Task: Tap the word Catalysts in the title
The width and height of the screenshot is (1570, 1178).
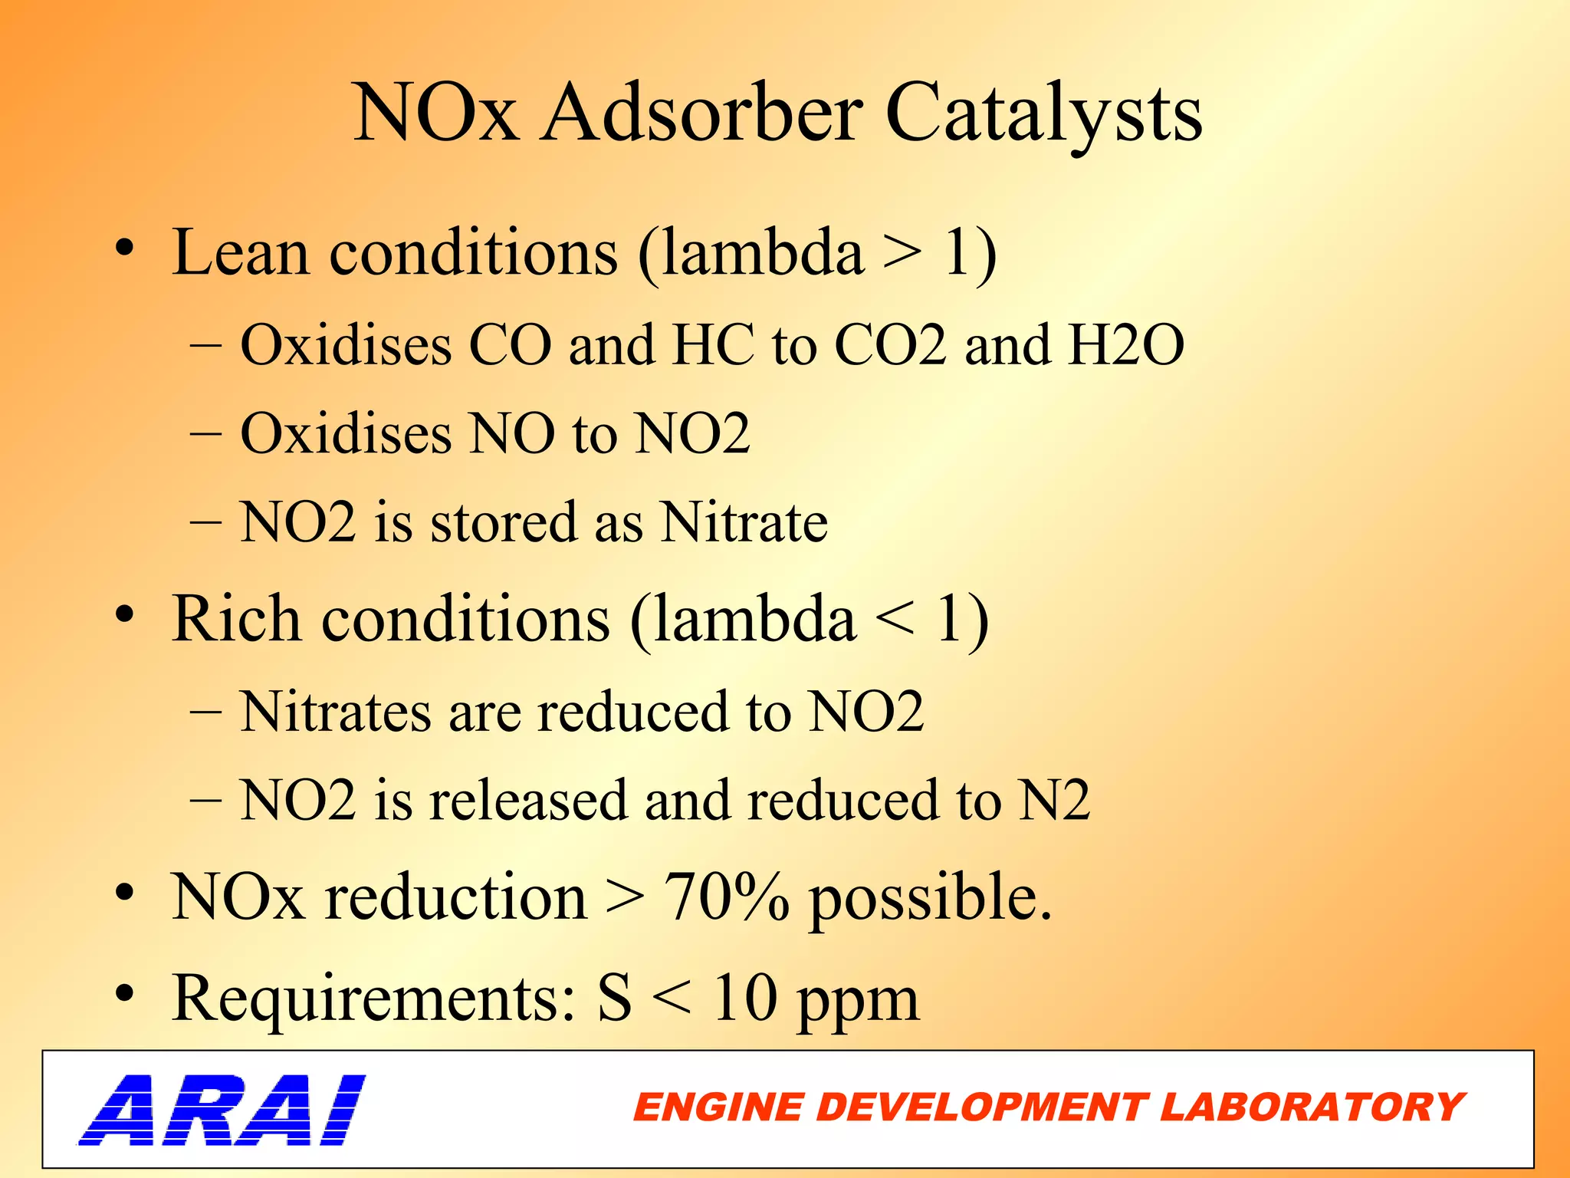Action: pyautogui.click(x=1043, y=115)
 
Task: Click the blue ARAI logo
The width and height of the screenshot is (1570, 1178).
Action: pyautogui.click(x=222, y=1109)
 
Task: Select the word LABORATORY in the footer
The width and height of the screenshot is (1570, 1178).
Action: pyautogui.click(x=1312, y=1108)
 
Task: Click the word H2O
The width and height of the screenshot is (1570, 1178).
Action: pyautogui.click(x=1126, y=345)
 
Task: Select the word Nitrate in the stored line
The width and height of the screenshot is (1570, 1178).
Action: pyautogui.click(x=744, y=522)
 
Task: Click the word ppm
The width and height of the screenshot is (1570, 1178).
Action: pyautogui.click(x=857, y=1001)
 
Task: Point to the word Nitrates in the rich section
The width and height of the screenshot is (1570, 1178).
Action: pyautogui.click(x=336, y=712)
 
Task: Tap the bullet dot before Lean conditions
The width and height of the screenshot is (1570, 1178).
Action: pyautogui.click(x=125, y=249)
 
